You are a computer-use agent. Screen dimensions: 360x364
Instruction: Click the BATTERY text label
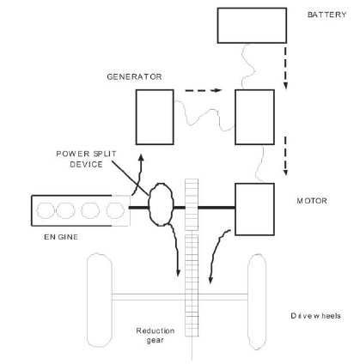[x=326, y=15]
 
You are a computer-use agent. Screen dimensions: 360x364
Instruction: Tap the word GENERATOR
[x=134, y=76]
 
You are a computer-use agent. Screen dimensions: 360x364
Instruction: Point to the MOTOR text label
[x=312, y=201]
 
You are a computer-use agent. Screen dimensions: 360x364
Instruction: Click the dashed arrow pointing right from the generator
[x=204, y=90]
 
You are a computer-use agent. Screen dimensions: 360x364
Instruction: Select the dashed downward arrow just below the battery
[x=285, y=68]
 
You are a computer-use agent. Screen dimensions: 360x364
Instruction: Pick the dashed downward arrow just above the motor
[x=285, y=155]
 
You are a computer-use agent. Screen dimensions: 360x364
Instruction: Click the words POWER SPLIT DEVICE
[x=86, y=159]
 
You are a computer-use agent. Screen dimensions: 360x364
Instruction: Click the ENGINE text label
[x=61, y=237]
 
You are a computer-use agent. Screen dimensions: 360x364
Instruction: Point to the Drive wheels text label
[x=315, y=316]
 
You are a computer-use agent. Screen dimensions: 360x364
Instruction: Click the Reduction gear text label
[x=156, y=336]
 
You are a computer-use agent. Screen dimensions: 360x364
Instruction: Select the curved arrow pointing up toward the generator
[x=139, y=174]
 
